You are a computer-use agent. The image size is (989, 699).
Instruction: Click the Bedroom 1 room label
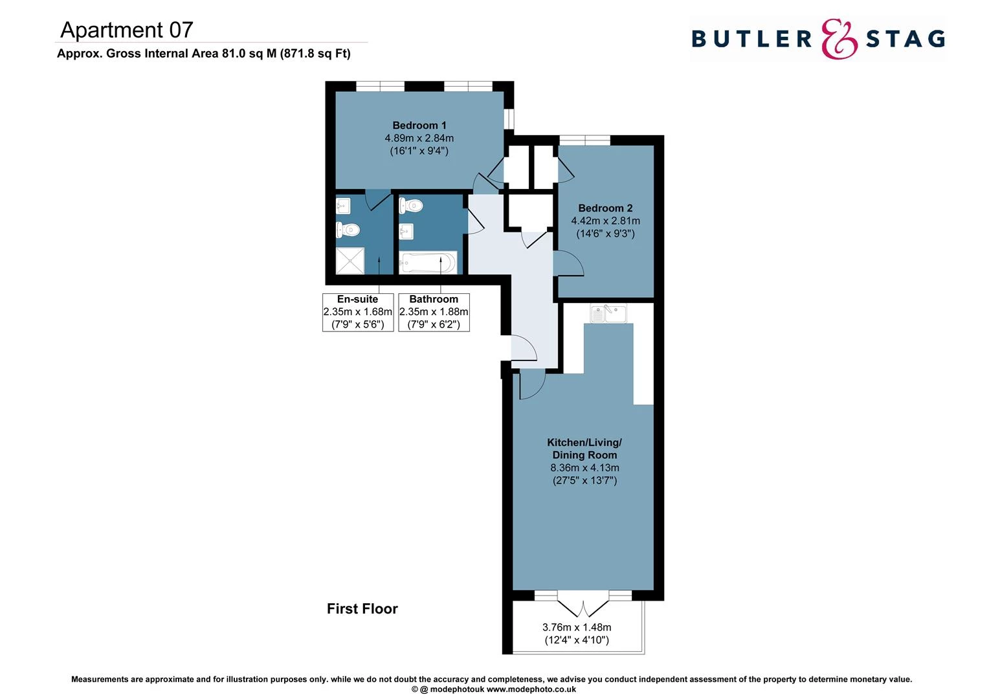[419, 126]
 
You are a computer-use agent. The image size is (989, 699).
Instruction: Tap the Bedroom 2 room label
[605, 208]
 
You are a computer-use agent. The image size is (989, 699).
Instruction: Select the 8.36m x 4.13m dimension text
[584, 468]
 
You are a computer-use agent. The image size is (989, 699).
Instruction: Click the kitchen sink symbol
[608, 313]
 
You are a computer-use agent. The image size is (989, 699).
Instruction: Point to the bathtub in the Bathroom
[428, 263]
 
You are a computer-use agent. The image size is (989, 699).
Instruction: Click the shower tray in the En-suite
[350, 261]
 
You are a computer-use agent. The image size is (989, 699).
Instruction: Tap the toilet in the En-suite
[348, 229]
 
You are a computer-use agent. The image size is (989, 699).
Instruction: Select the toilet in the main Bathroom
[411, 206]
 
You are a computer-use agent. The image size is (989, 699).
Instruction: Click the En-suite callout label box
[358, 312]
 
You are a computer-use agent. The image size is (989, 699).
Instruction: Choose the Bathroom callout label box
[434, 312]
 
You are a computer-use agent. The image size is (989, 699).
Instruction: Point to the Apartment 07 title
[127, 30]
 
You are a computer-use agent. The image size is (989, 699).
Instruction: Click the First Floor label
[362, 608]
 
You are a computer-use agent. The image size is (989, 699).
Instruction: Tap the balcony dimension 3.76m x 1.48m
[576, 627]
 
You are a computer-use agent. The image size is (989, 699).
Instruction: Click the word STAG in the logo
[905, 39]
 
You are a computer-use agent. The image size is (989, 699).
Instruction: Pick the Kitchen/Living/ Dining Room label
[584, 449]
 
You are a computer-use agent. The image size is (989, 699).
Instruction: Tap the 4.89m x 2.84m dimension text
[419, 139]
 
